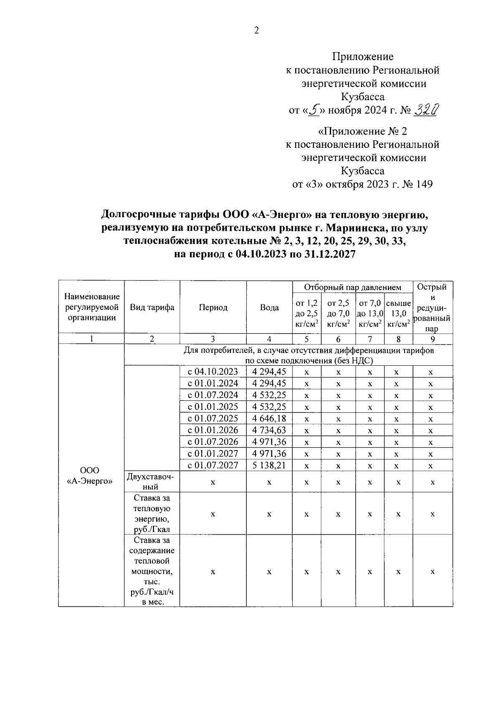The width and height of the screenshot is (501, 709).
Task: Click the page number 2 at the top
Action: [256, 30]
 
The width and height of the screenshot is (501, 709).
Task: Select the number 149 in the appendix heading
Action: [424, 184]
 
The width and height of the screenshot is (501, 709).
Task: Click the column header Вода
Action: [269, 308]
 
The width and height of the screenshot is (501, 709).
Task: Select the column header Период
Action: [213, 308]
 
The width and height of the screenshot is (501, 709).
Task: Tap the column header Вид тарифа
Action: [152, 308]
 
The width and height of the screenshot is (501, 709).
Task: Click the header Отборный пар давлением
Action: [352, 287]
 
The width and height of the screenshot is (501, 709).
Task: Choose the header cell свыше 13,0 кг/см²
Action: [398, 313]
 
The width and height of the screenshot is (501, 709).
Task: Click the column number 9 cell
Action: [433, 339]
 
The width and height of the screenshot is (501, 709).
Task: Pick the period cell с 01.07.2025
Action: [213, 418]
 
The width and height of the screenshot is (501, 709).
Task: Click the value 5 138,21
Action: [269, 465]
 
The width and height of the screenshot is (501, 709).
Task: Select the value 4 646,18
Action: [269, 418]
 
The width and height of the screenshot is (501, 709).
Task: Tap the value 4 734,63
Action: [269, 430]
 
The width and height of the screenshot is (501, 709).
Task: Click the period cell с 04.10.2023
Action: [213, 372]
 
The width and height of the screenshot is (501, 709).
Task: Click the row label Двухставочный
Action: [152, 481]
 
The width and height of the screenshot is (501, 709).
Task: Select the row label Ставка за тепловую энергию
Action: [152, 514]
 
